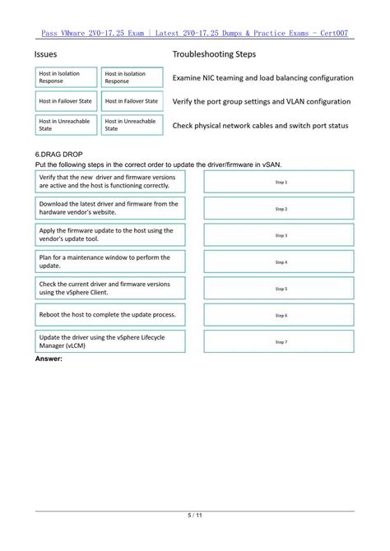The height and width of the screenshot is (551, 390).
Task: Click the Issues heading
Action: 46,54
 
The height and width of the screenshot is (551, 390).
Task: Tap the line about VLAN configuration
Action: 261,102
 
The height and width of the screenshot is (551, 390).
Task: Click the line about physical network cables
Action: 260,126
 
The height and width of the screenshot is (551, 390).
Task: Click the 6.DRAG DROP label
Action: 58,155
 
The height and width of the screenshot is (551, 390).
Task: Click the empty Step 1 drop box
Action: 281,182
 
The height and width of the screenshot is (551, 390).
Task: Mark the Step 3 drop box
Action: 281,235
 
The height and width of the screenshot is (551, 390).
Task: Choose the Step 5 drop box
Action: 281,289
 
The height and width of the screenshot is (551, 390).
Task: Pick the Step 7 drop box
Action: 281,341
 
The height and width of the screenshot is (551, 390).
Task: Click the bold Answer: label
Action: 49,359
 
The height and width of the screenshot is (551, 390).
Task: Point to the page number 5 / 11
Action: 195,516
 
